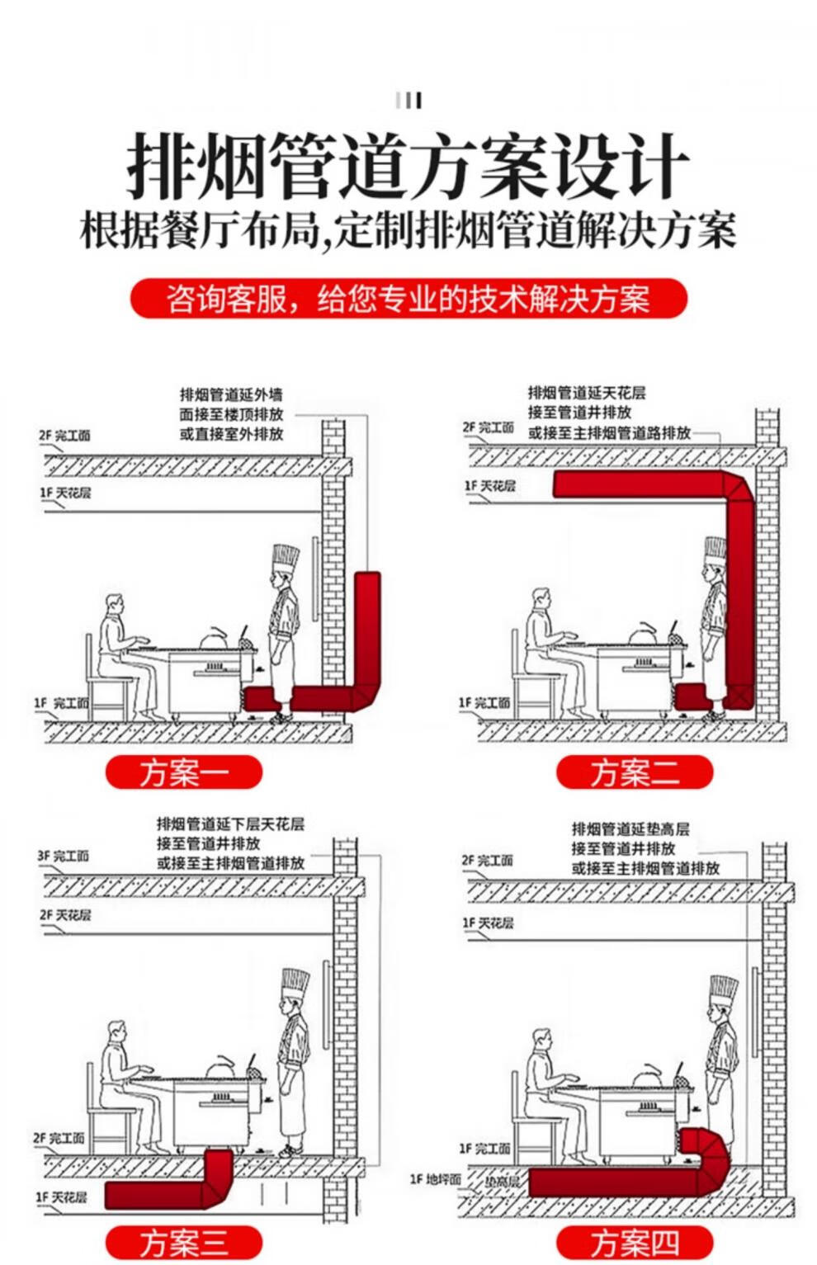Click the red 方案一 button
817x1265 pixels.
click(x=184, y=772)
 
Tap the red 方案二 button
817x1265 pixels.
click(x=635, y=772)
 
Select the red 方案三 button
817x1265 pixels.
click(x=184, y=1242)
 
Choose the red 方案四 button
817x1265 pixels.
click(x=635, y=1242)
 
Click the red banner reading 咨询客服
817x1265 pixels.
click(x=408, y=298)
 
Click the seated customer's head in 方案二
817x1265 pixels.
click(x=541, y=599)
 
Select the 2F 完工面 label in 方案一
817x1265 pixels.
click(x=64, y=436)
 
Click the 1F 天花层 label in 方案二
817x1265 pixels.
click(x=489, y=486)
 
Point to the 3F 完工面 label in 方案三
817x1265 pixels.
click(x=64, y=857)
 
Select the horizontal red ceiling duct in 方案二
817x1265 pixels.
click(x=638, y=484)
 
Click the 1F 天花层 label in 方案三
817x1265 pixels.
click(x=62, y=1197)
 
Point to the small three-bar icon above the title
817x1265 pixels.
click(x=408, y=101)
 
